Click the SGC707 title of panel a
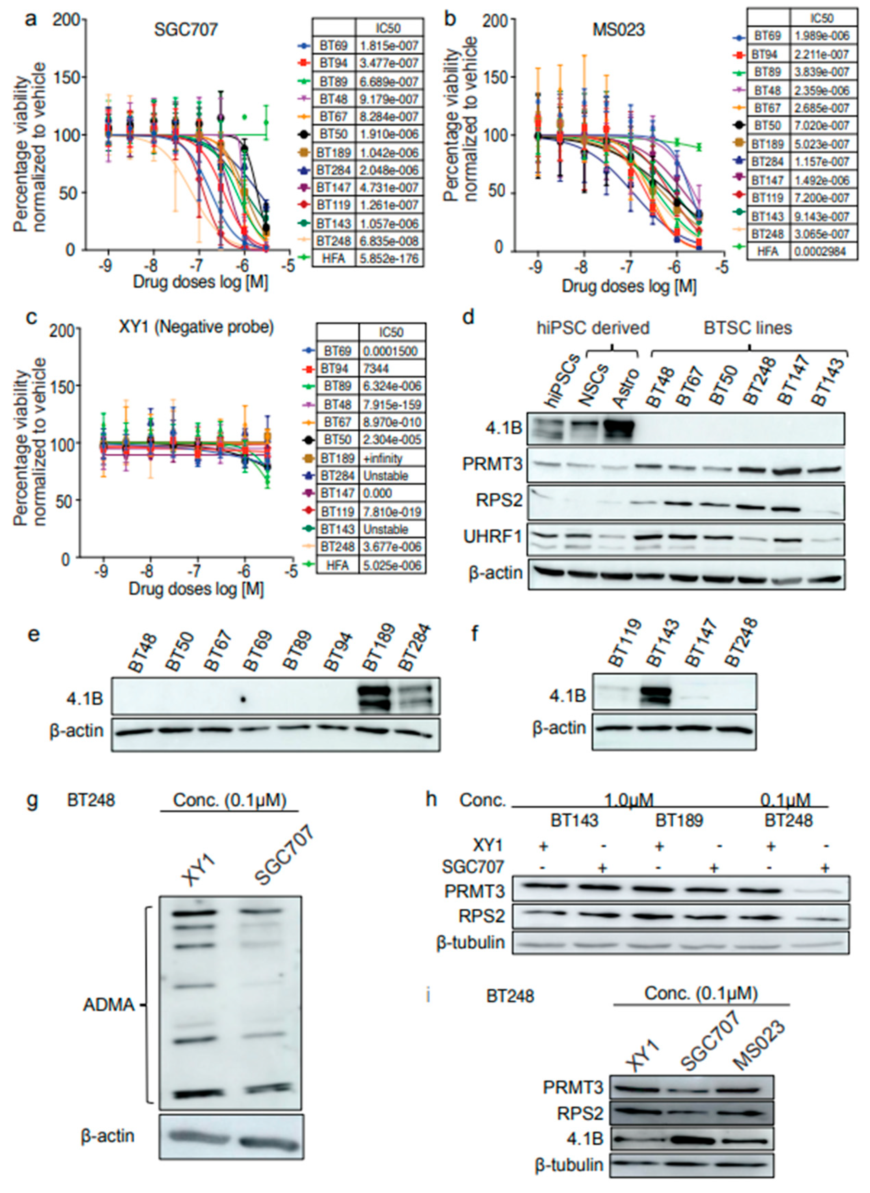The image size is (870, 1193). pos(185,29)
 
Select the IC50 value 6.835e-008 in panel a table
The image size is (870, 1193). pos(388,241)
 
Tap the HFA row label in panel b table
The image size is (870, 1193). pos(767,252)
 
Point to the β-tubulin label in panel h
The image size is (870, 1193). pos(470,942)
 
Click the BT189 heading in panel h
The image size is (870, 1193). pos(679,821)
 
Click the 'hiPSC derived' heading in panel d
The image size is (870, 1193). pos(593,328)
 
